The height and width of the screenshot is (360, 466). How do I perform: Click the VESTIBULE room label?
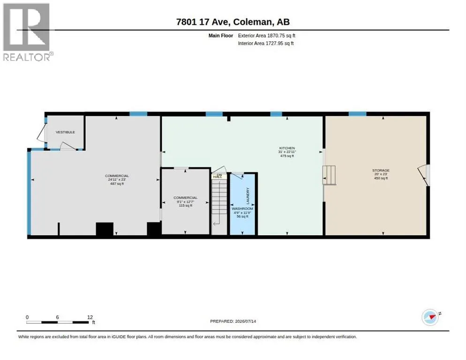(x=65, y=132)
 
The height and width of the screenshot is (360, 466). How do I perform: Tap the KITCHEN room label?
(x=287, y=148)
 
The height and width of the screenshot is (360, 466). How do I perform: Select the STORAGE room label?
(x=381, y=170)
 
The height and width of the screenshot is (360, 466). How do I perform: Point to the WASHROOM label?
(x=242, y=209)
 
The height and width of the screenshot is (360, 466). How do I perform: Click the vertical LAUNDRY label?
(x=248, y=196)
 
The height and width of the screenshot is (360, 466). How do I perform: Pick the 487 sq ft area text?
(x=117, y=184)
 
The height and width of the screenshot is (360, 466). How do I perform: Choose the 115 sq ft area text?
(x=186, y=205)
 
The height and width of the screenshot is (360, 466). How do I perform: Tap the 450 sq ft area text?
(x=381, y=178)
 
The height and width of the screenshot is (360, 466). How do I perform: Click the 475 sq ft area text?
(x=287, y=156)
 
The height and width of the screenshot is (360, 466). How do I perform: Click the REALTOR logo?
(x=27, y=32)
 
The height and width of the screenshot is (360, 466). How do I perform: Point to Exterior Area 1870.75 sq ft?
(x=267, y=36)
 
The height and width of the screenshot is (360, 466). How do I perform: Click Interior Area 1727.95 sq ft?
(x=266, y=44)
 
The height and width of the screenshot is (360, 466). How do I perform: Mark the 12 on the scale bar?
(x=90, y=317)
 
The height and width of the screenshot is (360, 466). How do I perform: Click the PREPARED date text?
(x=233, y=322)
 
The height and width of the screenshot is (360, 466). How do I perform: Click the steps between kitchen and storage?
(x=329, y=175)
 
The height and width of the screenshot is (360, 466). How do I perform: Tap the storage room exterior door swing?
(x=423, y=175)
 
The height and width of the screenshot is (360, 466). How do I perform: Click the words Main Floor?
(x=220, y=36)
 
